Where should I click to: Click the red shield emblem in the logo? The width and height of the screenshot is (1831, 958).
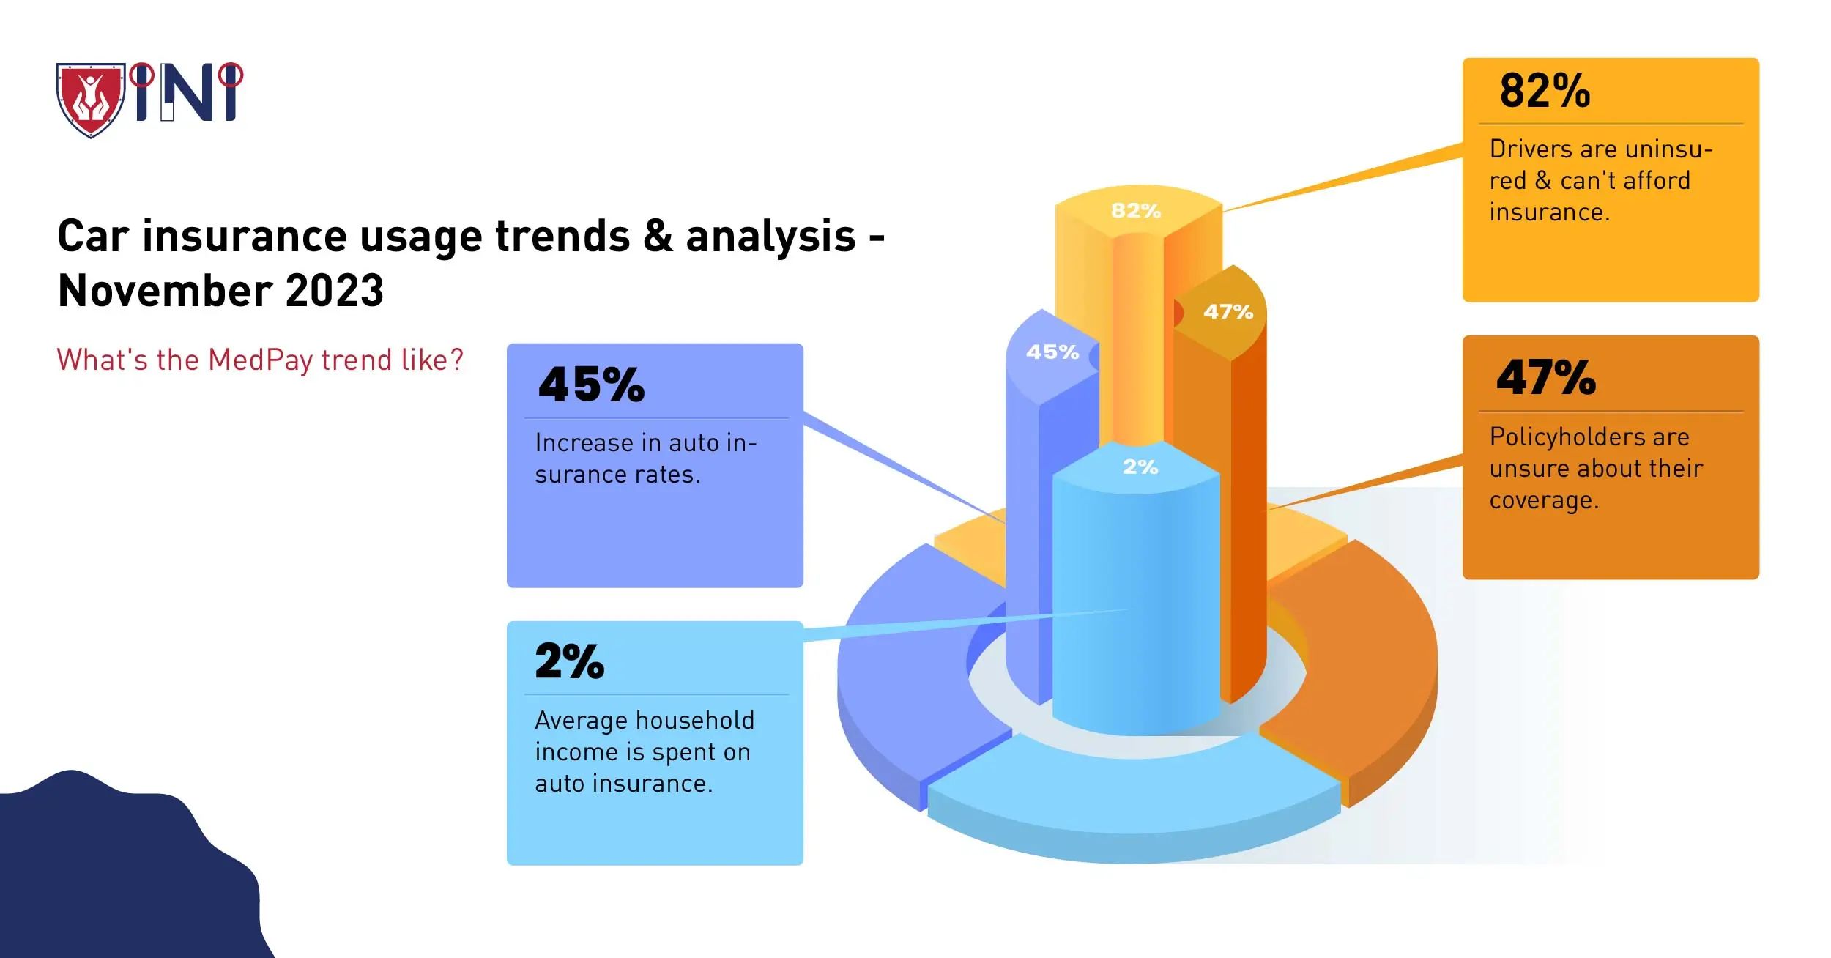(x=91, y=100)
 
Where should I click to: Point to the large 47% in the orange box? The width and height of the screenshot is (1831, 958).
(x=1545, y=378)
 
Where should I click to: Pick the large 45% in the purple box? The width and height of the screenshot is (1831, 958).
(x=591, y=385)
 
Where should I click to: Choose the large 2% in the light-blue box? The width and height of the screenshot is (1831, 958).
(x=570, y=661)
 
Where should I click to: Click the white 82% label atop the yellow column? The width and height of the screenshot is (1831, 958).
(x=1136, y=211)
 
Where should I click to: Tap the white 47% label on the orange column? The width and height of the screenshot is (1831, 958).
(x=1228, y=312)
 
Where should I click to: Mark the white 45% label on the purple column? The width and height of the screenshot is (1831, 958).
(x=1052, y=352)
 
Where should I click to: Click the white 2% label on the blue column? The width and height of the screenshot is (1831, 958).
(x=1140, y=467)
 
